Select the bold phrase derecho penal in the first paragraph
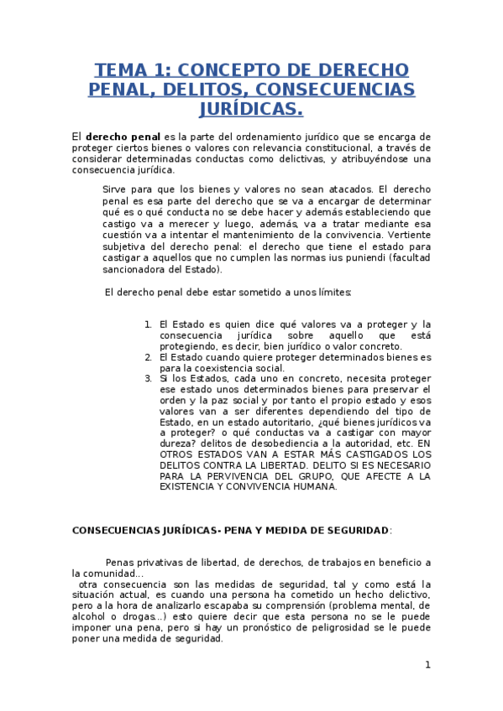point(123,136)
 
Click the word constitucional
point(322,148)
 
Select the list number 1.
point(148,324)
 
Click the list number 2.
point(148,357)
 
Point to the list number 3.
point(148,379)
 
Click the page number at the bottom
point(427,665)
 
